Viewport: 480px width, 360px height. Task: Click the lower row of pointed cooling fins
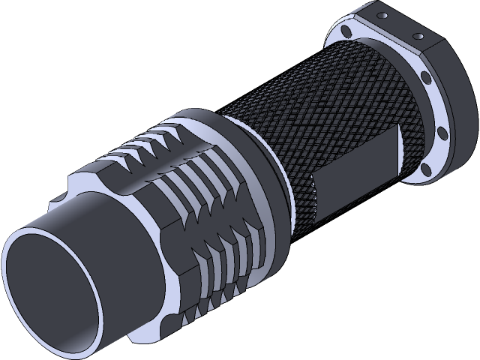(x=217, y=247)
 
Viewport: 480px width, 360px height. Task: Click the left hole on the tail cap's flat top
(x=382, y=14)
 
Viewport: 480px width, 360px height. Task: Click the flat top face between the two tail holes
(x=401, y=24)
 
